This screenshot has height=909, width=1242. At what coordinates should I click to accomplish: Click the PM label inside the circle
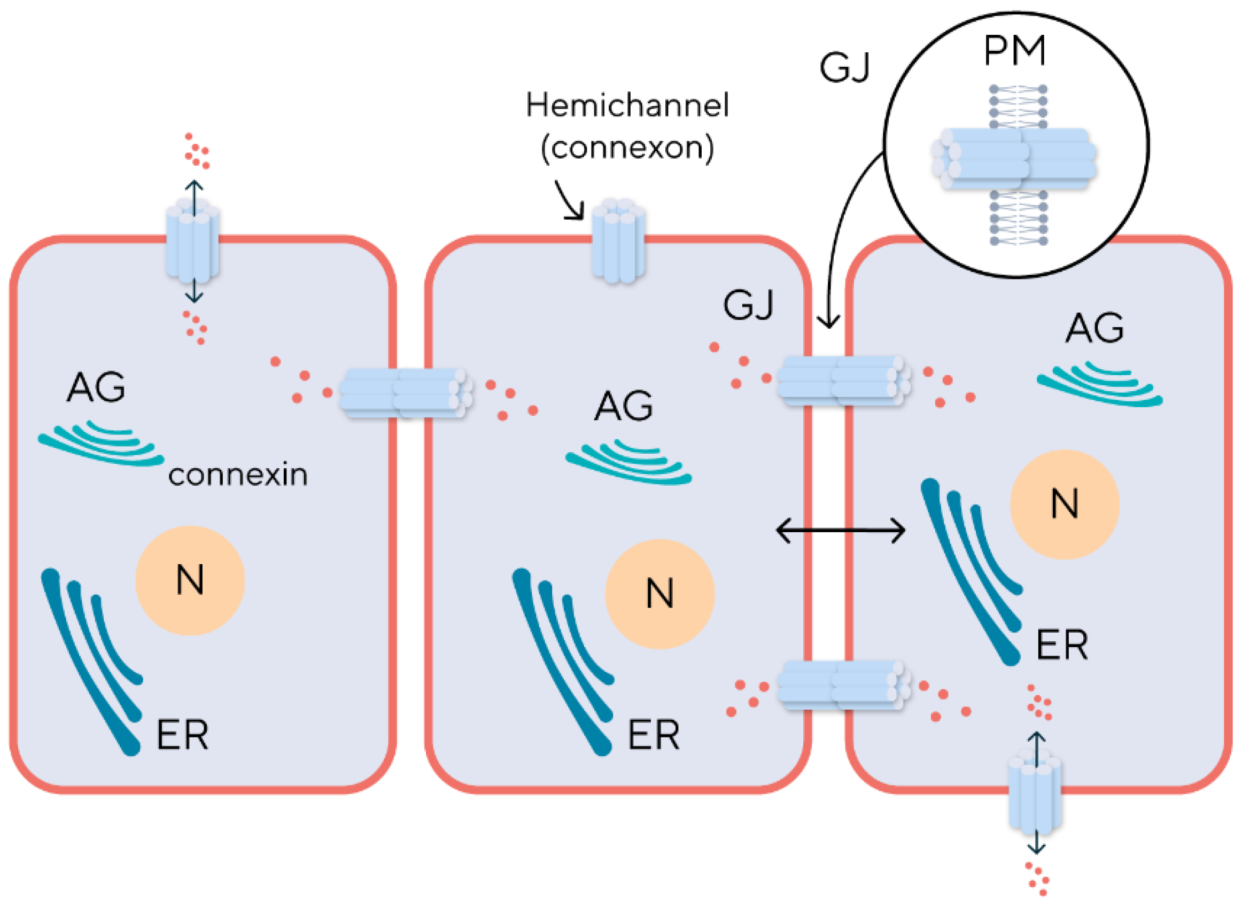[x=1014, y=51]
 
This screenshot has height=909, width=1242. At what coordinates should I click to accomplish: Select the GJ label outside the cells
[x=845, y=68]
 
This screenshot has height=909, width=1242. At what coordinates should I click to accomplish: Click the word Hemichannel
[x=627, y=105]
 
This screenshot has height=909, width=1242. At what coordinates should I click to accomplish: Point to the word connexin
[x=238, y=475]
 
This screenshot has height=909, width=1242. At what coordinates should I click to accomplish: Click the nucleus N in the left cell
[x=190, y=580]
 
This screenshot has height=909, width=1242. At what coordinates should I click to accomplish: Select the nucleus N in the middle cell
[x=660, y=594]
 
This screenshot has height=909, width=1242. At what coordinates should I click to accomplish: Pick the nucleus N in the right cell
[x=1064, y=504]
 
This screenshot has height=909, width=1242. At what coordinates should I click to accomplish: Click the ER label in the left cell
[x=182, y=735]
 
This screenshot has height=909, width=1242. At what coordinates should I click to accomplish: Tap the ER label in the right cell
[x=1062, y=645]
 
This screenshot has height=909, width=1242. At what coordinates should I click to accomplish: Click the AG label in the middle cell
[x=624, y=406]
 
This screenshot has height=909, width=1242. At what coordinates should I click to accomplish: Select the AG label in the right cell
[x=1094, y=329]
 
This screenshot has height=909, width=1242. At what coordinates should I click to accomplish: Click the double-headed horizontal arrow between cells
[x=840, y=531]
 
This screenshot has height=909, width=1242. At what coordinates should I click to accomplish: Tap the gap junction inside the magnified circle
[x=1014, y=160]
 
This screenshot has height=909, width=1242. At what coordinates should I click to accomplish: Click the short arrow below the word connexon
[x=570, y=201]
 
